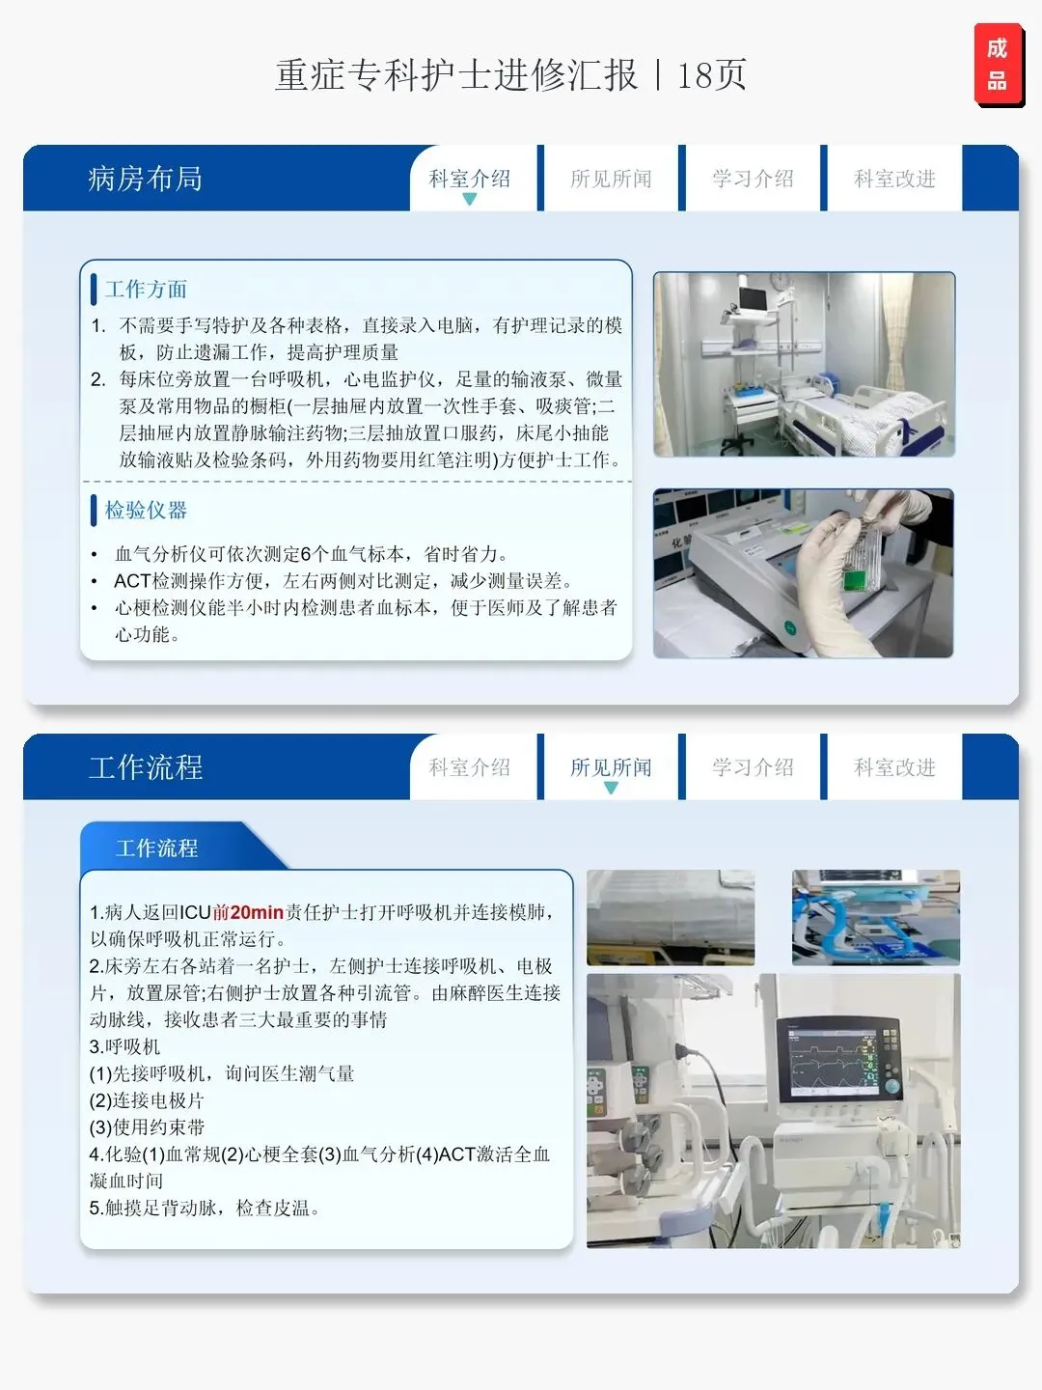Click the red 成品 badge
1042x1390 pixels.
pos(999,64)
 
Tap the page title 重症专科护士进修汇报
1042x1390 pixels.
pos(456,74)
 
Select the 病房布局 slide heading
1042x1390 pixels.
pos(145,179)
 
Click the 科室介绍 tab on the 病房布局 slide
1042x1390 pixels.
pos(470,179)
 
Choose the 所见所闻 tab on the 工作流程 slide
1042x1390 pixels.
pos(611,767)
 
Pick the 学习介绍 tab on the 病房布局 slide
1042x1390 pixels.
pos(753,179)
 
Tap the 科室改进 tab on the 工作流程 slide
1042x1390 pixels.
pos(894,767)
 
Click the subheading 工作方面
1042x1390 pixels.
pos(146,290)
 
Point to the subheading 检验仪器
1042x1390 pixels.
pos(146,510)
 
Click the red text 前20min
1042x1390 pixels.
pos(247,912)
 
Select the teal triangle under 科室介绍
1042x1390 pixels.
pos(470,199)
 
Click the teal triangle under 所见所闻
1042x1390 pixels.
pos(611,788)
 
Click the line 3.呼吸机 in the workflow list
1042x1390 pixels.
pos(124,1046)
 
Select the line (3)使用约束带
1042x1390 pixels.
pos(147,1127)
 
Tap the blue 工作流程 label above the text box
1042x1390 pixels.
pos(157,848)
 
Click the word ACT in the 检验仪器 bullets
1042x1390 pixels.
pos(132,581)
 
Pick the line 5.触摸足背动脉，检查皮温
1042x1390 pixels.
pos(205,1208)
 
